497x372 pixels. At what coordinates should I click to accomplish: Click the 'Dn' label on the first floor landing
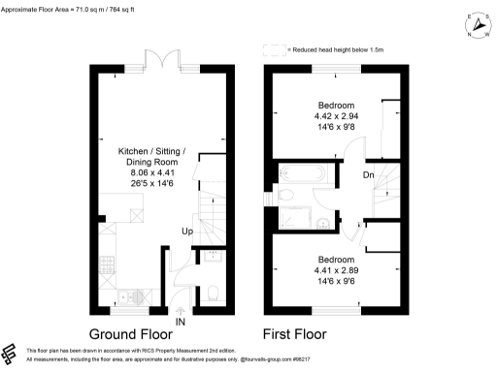[368, 175]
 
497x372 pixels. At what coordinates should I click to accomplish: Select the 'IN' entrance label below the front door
[180, 322]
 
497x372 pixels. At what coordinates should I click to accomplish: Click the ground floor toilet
[212, 292]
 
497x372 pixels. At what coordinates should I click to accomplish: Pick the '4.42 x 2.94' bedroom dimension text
[336, 115]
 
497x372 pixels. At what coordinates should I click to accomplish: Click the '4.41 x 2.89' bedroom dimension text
[336, 271]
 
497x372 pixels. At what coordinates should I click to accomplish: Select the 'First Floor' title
[307, 335]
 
